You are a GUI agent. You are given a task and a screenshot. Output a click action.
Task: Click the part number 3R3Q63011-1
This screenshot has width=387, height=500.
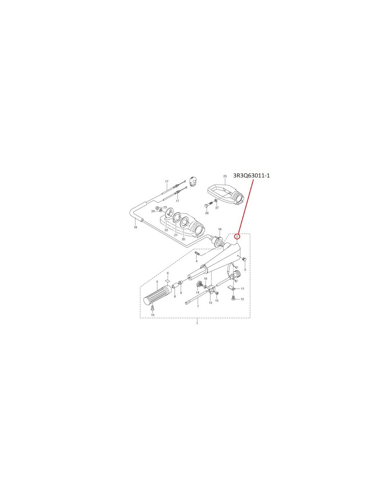[252, 176]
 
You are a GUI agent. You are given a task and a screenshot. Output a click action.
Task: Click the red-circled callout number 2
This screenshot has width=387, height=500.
[237, 236]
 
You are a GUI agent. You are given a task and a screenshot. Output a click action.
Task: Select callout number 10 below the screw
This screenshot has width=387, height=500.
[153, 315]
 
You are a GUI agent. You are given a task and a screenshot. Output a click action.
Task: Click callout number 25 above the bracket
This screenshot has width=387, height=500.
[225, 176]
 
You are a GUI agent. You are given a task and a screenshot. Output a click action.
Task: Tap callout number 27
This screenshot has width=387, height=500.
[217, 207]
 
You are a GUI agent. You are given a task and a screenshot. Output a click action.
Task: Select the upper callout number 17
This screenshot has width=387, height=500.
[167, 181]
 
